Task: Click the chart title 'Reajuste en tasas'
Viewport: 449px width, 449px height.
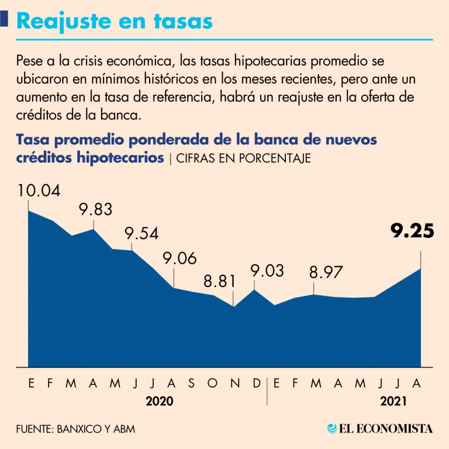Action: click(x=115, y=22)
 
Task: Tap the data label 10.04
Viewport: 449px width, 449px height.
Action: click(x=39, y=191)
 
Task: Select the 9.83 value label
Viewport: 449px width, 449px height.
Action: click(x=96, y=209)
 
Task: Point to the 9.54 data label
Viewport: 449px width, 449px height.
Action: click(x=141, y=233)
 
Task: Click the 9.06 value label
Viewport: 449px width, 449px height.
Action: click(x=180, y=258)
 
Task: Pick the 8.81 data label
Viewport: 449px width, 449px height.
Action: click(x=220, y=281)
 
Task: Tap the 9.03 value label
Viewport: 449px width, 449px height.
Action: click(x=267, y=271)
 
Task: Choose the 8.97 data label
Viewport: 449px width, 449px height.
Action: click(x=326, y=272)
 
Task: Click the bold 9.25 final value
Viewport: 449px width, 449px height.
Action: click(x=412, y=231)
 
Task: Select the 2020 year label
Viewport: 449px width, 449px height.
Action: click(x=160, y=401)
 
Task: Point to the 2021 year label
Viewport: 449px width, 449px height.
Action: click(x=393, y=401)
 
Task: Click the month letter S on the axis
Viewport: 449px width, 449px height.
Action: click(x=192, y=383)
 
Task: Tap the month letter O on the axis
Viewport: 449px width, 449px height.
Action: click(x=212, y=383)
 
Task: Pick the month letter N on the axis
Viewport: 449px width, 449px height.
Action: click(x=236, y=383)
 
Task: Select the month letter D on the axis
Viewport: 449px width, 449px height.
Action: click(x=257, y=383)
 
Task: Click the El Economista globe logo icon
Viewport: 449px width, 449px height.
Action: click(x=332, y=429)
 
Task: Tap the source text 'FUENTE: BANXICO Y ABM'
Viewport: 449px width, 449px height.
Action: click(x=75, y=429)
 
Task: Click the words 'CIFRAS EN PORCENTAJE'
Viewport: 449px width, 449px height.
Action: click(x=243, y=158)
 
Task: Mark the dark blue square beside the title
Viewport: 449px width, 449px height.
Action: click(x=4, y=19)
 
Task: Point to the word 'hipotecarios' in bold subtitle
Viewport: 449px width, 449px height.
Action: click(x=120, y=158)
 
